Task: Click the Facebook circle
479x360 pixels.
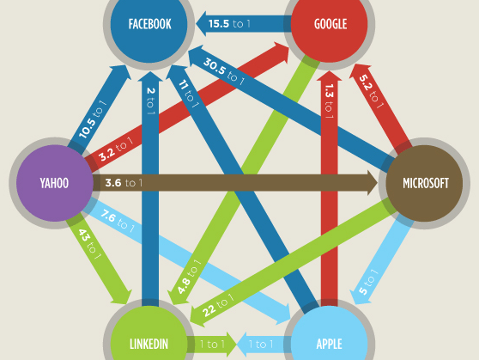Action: click(149, 24)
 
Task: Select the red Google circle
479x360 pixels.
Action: click(330, 24)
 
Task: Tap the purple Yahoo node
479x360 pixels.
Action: click(55, 183)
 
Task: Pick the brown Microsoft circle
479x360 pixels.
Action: click(424, 183)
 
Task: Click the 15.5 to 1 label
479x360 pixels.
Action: click(229, 23)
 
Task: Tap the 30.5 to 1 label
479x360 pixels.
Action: click(224, 71)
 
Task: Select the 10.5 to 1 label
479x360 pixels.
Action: click(92, 119)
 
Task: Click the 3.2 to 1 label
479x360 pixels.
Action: click(116, 149)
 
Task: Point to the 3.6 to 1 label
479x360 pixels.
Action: click(124, 183)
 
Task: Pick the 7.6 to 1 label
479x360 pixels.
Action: click(118, 221)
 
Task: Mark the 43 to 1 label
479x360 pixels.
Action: click(89, 244)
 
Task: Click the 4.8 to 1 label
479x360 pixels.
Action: click(189, 277)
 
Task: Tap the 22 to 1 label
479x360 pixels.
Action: click(218, 305)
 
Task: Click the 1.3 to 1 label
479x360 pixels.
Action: click(329, 101)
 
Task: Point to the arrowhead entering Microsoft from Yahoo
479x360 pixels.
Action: click(372, 183)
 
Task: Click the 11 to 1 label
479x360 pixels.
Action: click(189, 94)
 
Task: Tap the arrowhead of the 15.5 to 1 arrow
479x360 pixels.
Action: click(202, 23)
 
